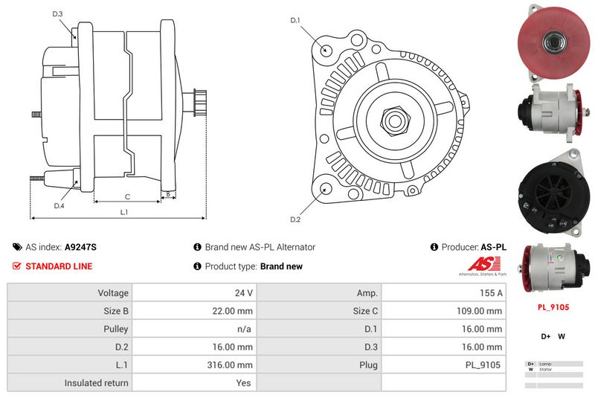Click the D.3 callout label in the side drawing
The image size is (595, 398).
[x=58, y=14]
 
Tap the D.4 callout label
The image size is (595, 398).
[x=59, y=205]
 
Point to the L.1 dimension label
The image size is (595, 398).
[x=124, y=212]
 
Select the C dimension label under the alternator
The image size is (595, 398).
[x=127, y=196]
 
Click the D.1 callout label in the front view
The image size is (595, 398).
[x=295, y=20]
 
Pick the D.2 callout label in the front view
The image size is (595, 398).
[x=295, y=219]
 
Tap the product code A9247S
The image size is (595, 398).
[x=80, y=247]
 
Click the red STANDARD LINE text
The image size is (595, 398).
[x=59, y=266]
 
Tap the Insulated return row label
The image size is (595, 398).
[x=97, y=383]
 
